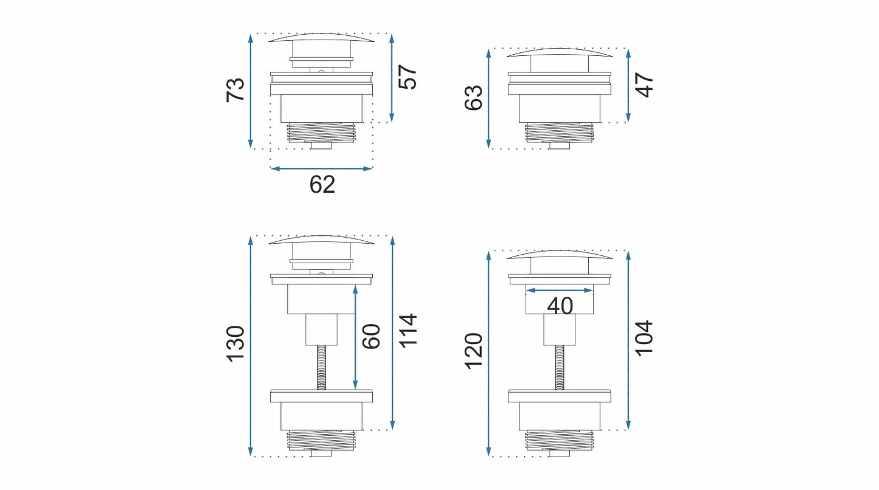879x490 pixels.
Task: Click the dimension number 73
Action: pos(236,90)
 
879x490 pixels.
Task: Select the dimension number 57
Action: pos(408,77)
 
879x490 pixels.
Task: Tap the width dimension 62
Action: pos(322,184)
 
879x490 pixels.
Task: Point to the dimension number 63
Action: pos(473,97)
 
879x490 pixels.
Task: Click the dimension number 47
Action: pos(644,85)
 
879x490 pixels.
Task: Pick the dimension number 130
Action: pos(236,343)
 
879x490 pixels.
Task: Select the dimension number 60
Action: pos(372,336)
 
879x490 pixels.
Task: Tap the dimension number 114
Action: pos(408,331)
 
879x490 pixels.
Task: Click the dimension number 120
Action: pos(473,350)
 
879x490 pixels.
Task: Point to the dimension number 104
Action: pos(644,338)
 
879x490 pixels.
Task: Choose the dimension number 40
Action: pos(560,306)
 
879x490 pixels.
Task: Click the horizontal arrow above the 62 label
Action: pos(321,168)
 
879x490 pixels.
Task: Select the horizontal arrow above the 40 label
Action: pos(560,291)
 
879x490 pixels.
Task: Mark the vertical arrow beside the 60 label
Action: pos(355,337)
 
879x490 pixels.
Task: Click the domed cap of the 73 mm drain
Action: pos(321,38)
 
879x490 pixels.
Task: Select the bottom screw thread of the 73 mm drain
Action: pos(321,132)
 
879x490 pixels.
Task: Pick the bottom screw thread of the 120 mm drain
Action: pos(559,439)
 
